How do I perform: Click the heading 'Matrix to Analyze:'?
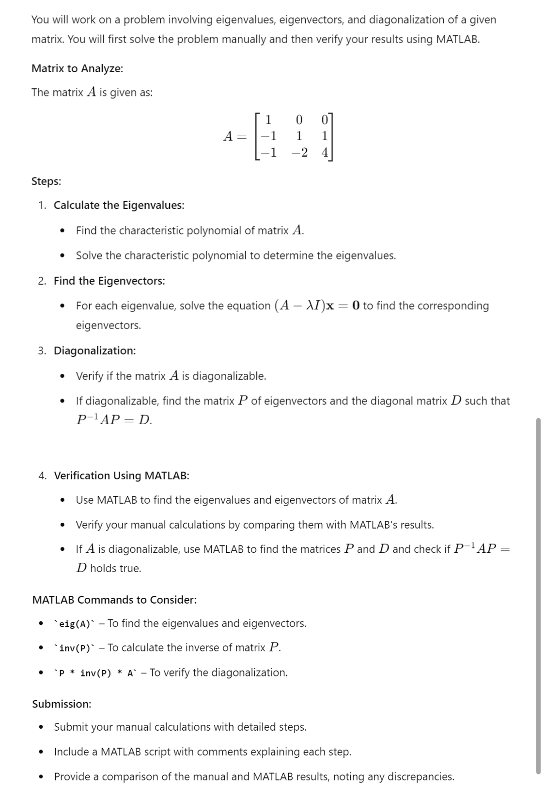[x=77, y=68]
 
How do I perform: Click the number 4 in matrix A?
[x=325, y=153]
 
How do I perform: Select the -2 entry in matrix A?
[x=299, y=153]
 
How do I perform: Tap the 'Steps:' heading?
[x=46, y=181]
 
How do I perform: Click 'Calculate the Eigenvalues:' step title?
[x=119, y=205]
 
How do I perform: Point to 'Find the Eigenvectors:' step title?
[x=109, y=281]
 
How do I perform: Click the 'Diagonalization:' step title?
[x=94, y=351]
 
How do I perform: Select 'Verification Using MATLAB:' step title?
[x=121, y=475]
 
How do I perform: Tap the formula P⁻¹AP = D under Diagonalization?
[x=114, y=420]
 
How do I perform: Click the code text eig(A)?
[x=75, y=624]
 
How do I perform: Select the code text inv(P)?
[x=75, y=648]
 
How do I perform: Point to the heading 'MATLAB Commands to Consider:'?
[x=114, y=600]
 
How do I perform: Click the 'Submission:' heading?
[x=62, y=704]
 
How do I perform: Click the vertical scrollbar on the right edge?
[x=538, y=596]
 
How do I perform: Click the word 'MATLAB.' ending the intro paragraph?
[x=458, y=39]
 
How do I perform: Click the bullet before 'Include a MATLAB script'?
[x=42, y=752]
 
